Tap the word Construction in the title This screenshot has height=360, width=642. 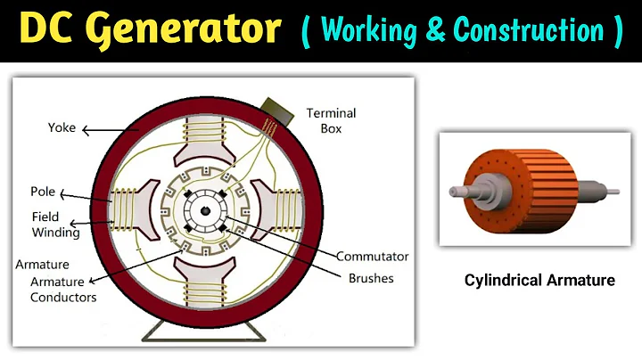click(529, 31)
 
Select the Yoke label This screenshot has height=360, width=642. click(62, 128)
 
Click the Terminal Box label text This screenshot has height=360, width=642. click(331, 120)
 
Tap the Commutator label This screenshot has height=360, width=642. click(372, 256)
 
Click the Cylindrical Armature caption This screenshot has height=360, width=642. click(539, 280)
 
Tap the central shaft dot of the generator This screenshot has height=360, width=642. click(206, 210)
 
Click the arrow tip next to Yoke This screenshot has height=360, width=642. click(85, 130)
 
